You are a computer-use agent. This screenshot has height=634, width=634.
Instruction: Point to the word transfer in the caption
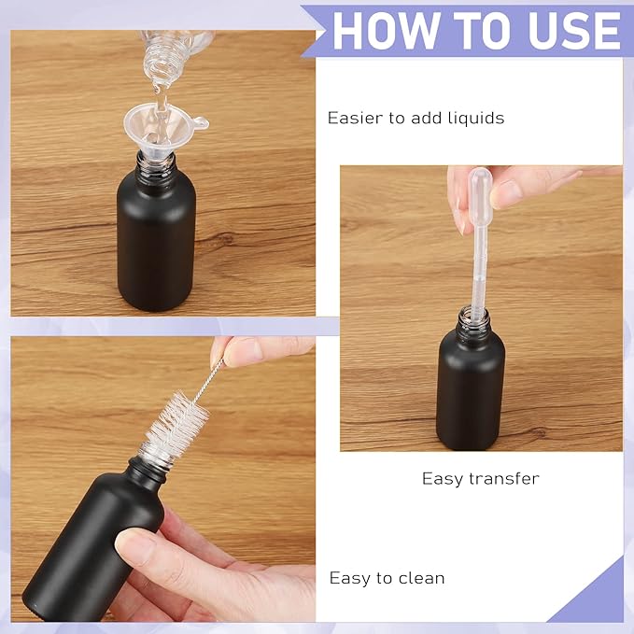504,479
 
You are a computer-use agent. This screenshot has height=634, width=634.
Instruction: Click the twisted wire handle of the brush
209,382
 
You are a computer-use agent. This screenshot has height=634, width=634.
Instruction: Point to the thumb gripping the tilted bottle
140,547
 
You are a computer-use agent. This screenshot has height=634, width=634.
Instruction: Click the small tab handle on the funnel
199,123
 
